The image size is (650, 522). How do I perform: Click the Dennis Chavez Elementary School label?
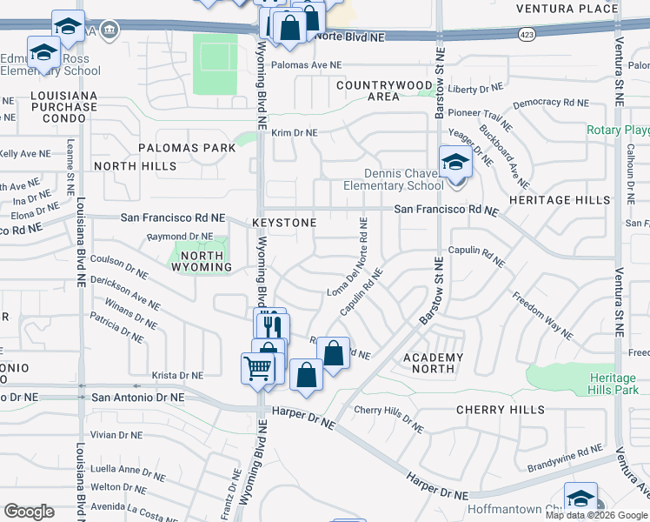pyautogui.click(x=393, y=179)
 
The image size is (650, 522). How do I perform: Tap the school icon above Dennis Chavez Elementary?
pyautogui.click(x=455, y=161)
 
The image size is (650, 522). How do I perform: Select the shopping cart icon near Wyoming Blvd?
pyautogui.click(x=259, y=369)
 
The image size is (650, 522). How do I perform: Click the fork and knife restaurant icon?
pyautogui.click(x=272, y=327)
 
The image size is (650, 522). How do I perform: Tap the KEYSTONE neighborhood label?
pyautogui.click(x=284, y=223)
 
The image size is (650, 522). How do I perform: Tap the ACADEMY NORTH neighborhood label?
pyautogui.click(x=434, y=363)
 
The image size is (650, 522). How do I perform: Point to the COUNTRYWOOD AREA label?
pyautogui.click(x=380, y=90)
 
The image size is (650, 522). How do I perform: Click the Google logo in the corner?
pyautogui.click(x=30, y=512)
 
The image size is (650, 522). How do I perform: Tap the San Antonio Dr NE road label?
pyautogui.click(x=138, y=397)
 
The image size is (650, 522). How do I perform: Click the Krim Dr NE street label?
pyautogui.click(x=295, y=133)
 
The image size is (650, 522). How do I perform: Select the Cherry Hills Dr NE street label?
pyautogui.click(x=388, y=418)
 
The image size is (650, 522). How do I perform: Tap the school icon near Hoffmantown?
pyautogui.click(x=580, y=498)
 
